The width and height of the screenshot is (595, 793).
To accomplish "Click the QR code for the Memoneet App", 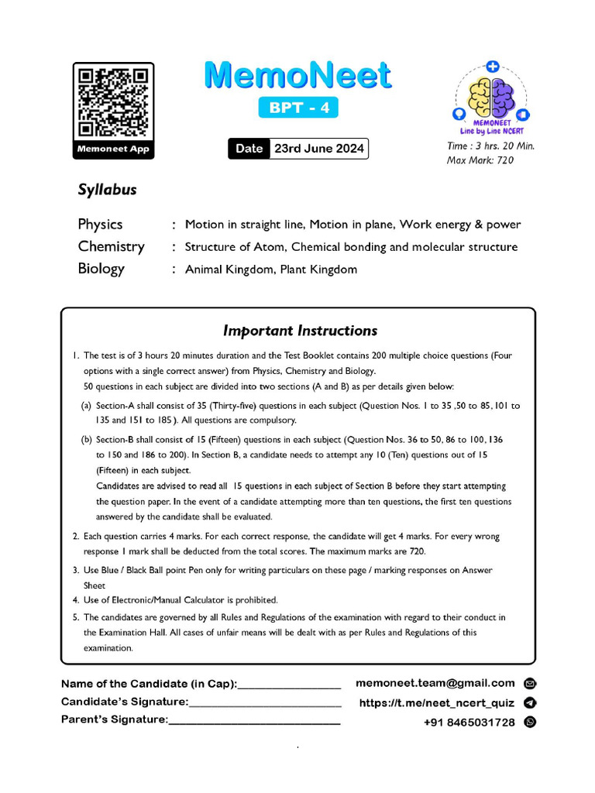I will click(113, 103).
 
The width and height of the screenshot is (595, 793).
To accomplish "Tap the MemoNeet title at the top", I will click(297, 76).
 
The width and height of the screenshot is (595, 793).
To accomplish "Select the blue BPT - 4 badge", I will click(298, 108).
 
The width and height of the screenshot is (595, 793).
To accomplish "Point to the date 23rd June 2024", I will click(318, 149).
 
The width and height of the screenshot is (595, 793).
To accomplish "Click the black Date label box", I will click(249, 149).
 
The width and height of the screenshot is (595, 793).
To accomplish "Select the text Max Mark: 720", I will click(480, 160).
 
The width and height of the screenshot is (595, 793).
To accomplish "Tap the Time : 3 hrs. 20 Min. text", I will click(490, 146).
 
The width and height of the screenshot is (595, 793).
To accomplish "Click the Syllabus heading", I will click(107, 190).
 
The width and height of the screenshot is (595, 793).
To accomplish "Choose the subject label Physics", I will click(100, 225).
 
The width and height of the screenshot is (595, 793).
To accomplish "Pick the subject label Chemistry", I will click(111, 247).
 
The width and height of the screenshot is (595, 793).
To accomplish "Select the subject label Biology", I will click(101, 269).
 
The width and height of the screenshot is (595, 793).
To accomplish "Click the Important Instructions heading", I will click(300, 331).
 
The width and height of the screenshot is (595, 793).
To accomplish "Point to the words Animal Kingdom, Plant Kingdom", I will click(270, 269).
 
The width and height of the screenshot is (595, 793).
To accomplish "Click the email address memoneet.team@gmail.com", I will click(435, 683).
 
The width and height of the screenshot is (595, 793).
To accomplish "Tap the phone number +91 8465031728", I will click(469, 722).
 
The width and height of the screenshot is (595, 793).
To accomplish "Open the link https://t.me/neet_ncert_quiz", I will click(436, 703).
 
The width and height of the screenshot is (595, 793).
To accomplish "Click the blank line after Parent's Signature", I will click(254, 721).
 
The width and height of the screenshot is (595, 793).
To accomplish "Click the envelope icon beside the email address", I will click(530, 684).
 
